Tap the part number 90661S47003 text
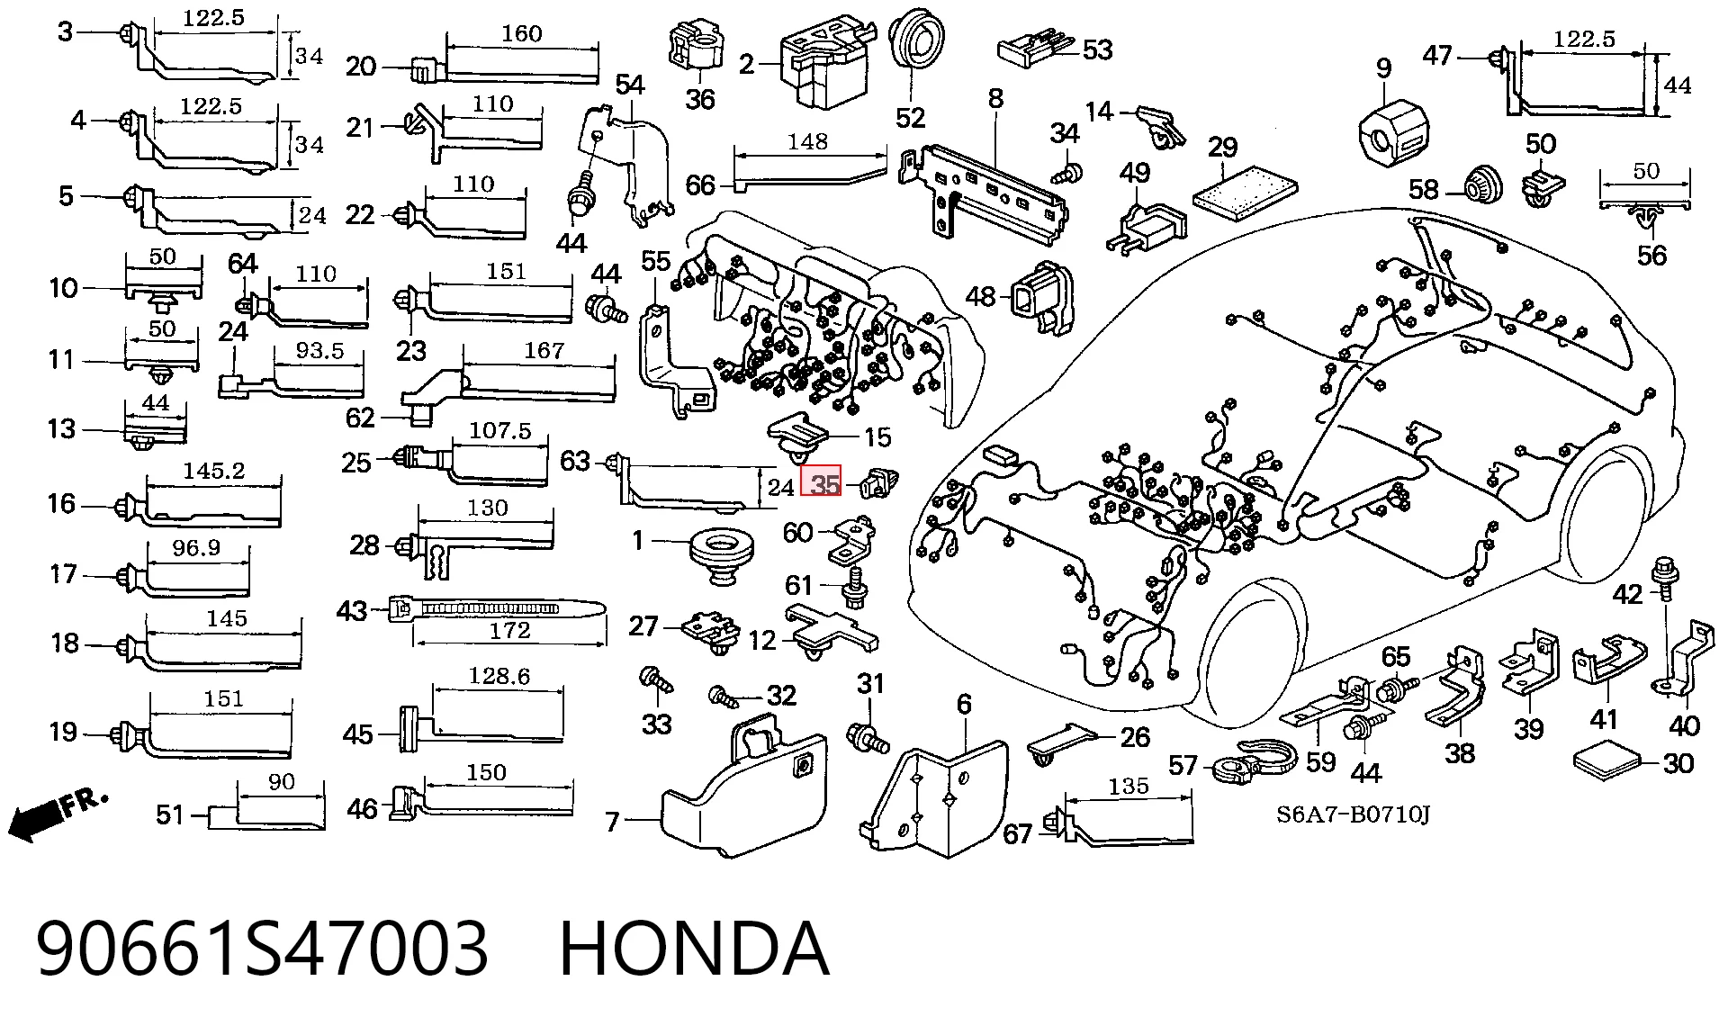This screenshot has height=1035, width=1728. (262, 949)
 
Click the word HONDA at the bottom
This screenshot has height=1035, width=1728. (693, 949)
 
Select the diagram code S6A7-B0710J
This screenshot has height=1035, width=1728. (1353, 815)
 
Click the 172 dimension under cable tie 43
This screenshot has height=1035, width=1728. (509, 631)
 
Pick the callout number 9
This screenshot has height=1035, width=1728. (1383, 68)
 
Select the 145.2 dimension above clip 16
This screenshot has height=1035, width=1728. (214, 471)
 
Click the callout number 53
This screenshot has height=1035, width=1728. (1097, 49)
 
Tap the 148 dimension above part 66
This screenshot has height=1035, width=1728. (807, 141)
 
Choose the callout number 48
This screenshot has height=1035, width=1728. (980, 296)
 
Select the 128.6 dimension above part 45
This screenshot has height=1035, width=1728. (499, 676)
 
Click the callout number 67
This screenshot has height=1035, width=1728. (1017, 834)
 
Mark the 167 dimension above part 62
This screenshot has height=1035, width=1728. (544, 350)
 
